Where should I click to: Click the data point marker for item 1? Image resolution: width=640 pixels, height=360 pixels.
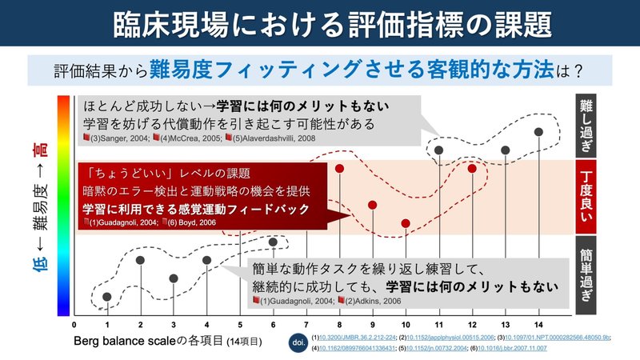pyautogui.click(x=107, y=298)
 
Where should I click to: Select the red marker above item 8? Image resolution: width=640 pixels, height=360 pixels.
pyautogui.click(x=340, y=169)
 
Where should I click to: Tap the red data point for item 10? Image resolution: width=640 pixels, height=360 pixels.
pyautogui.click(x=406, y=223)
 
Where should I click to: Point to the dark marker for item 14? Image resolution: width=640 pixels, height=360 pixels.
pyautogui.click(x=538, y=131)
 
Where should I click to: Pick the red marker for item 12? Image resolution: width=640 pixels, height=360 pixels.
pyautogui.click(x=472, y=169)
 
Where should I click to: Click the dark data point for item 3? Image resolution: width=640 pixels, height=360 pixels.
pyautogui.click(x=174, y=278)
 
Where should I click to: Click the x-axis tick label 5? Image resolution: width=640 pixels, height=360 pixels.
pyautogui.click(x=240, y=324)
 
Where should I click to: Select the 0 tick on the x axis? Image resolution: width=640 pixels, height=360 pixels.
pyautogui.click(x=74, y=324)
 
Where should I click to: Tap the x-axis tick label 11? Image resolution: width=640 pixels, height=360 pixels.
pyautogui.click(x=439, y=324)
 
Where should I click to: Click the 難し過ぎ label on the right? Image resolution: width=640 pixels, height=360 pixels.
pyautogui.click(x=590, y=125)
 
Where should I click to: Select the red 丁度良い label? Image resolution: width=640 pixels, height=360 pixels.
pyautogui.click(x=590, y=197)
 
